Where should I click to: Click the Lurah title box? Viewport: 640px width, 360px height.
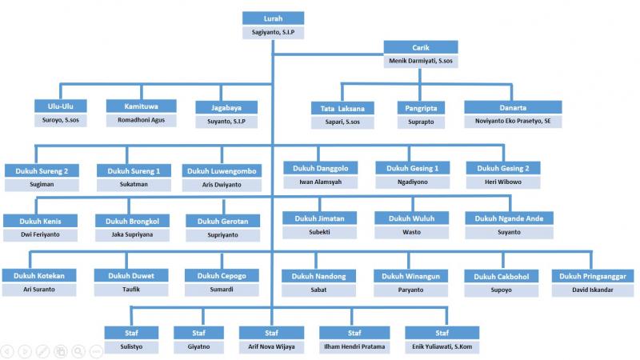point(273,18)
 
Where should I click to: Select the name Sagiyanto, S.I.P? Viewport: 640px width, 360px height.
point(273,33)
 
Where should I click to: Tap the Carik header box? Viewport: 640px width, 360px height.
point(422,46)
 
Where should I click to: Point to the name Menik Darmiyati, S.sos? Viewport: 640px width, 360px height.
point(422,60)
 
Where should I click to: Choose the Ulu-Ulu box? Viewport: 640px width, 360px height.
point(61,106)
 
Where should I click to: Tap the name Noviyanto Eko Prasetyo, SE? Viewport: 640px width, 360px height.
point(512,122)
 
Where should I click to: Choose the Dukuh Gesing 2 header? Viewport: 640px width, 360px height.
point(503,169)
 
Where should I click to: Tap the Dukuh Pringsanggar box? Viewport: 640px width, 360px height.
point(593,277)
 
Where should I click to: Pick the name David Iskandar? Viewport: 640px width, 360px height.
point(593,290)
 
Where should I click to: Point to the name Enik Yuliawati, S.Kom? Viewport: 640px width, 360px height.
point(442,347)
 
